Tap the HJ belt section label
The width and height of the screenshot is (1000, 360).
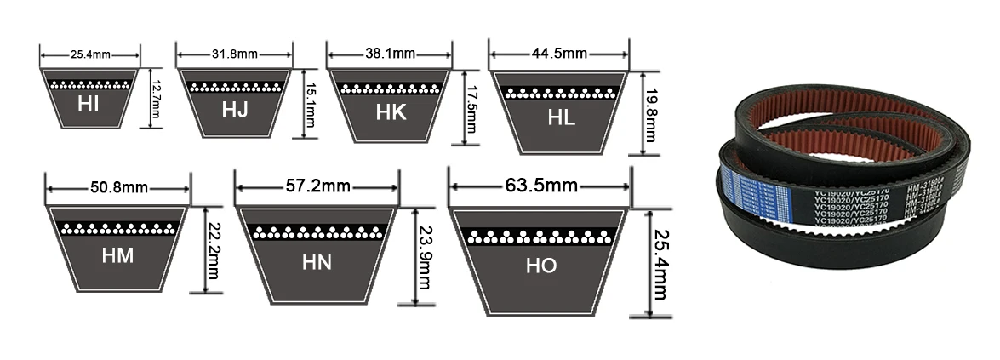point(235,110)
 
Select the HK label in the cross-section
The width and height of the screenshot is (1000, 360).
point(391,112)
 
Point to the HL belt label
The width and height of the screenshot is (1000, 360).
point(561,118)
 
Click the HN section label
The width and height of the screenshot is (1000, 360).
point(317,263)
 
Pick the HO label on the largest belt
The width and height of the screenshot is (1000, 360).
point(540,266)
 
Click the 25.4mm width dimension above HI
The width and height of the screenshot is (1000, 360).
point(89,55)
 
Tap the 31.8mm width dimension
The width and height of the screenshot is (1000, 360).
point(235,54)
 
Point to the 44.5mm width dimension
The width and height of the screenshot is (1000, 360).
point(559,54)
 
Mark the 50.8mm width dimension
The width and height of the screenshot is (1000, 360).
point(117,188)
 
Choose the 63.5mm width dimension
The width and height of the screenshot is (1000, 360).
point(540,185)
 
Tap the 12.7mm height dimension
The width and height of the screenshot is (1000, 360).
point(156,98)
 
